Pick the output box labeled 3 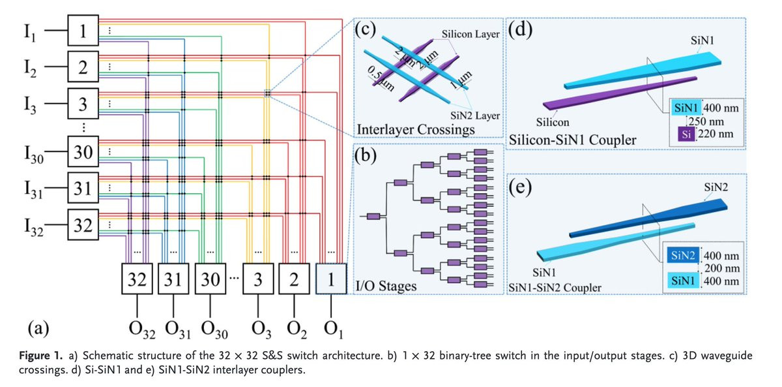pos(258,281)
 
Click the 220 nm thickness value pos(714,134)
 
